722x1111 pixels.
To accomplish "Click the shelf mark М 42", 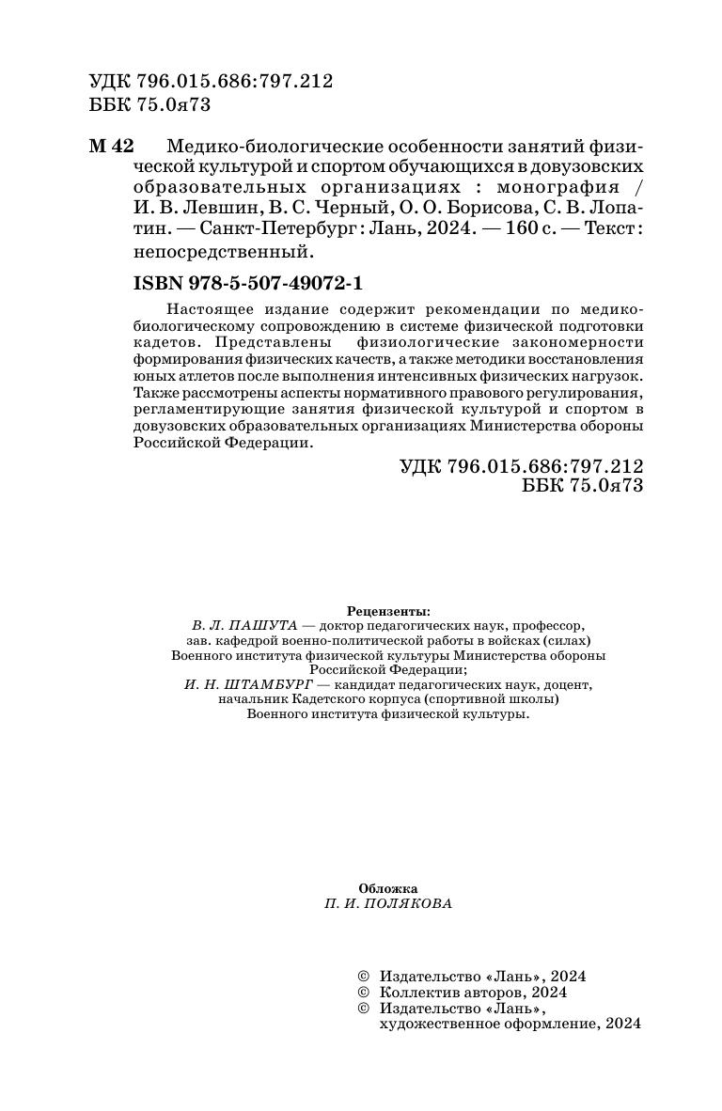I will [111, 147].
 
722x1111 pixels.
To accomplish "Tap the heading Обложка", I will [388, 888].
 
